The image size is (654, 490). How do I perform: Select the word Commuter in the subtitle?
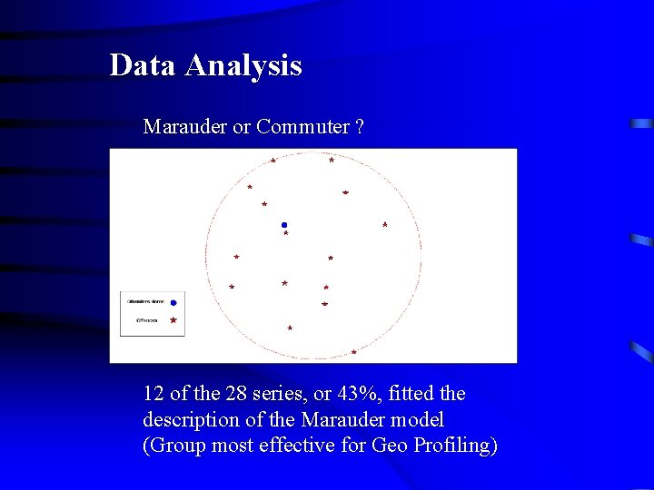302,127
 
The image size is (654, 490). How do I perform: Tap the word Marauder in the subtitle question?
185,127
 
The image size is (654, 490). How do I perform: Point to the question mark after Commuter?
360,127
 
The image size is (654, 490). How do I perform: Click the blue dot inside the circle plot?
284,224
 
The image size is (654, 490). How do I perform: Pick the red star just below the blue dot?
286,233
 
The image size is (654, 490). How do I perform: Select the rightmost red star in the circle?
385,224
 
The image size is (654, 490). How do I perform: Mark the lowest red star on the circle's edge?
353,351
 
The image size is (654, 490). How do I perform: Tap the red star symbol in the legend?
173,319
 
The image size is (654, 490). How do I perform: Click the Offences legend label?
146,319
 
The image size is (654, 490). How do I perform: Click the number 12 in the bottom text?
154,394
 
